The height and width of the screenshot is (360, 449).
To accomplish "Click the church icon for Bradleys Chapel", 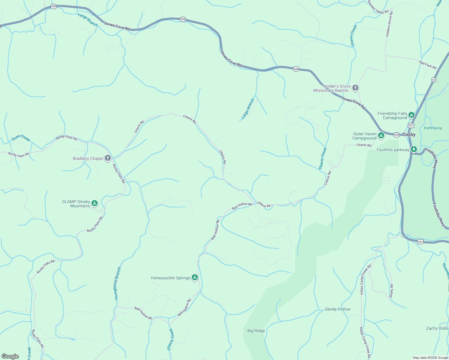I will pyautogui.click(x=108, y=158).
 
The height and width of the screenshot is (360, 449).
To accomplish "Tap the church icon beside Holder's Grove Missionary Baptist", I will pyautogui.click(x=355, y=88).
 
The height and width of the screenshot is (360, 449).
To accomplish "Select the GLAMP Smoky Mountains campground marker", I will pyautogui.click(x=95, y=203).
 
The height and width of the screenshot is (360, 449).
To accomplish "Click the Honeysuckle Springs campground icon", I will pyautogui.click(x=195, y=278).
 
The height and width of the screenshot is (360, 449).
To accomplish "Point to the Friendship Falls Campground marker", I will pyautogui.click(x=411, y=115).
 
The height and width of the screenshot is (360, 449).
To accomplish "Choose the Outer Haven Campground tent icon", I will pyautogui.click(x=381, y=136).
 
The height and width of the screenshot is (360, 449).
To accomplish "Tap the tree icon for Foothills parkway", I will pyautogui.click(x=414, y=149).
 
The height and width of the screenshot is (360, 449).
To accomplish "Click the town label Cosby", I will pyautogui.click(x=409, y=135).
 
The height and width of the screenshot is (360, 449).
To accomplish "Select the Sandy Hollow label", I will pyautogui.click(x=338, y=309).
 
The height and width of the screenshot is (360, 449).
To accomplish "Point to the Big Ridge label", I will pyautogui.click(x=256, y=331).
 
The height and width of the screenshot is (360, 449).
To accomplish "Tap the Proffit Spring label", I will pyautogui.click(x=433, y=128).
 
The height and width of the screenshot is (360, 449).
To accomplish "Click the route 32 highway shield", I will pyautogui.click(x=434, y=80).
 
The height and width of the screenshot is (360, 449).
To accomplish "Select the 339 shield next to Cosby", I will pyautogui.click(x=396, y=135).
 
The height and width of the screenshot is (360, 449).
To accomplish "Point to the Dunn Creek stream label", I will pyautogui.click(x=21, y=138).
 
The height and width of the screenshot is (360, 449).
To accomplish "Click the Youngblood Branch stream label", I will pyautogui.click(x=118, y=284).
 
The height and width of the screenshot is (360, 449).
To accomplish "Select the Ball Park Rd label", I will pyautogui.click(x=428, y=65).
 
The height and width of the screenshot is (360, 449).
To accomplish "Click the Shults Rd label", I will pyautogui.click(x=391, y=291).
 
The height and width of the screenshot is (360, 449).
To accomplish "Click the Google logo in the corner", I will pyautogui.click(x=10, y=356).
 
